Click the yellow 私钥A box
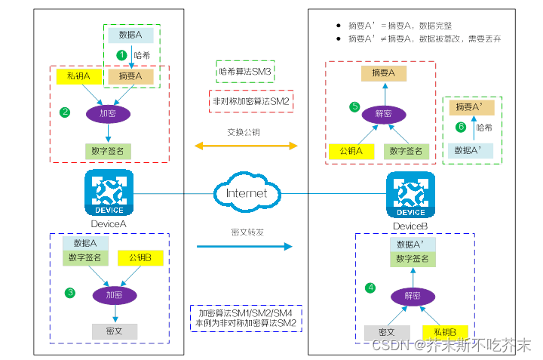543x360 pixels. [x=79, y=76]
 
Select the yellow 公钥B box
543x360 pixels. [x=140, y=258]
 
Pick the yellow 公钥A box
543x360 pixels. [x=351, y=151]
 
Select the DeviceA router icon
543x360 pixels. [x=109, y=192]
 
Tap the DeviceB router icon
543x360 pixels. [x=410, y=194]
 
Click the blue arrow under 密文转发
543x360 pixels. [x=244, y=246]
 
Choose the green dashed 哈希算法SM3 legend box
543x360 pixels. [x=245, y=72]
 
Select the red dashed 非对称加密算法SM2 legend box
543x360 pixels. [x=250, y=100]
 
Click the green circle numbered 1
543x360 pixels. [x=120, y=55]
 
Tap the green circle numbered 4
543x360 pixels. [x=370, y=288]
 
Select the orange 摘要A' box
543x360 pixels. [x=473, y=108]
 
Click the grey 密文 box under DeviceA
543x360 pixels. [x=115, y=331]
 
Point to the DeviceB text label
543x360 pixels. [x=410, y=226]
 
